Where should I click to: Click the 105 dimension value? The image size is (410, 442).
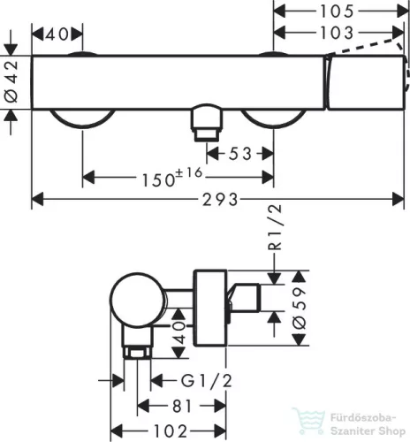click(x=337, y=11)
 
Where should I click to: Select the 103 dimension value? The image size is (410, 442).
click(x=337, y=33)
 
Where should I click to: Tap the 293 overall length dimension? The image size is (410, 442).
click(x=220, y=200)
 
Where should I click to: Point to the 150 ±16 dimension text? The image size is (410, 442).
click(x=172, y=177)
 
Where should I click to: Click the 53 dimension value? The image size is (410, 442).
click(x=240, y=154)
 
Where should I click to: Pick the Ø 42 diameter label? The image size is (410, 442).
click(x=11, y=81)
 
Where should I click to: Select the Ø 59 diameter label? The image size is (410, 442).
click(x=300, y=309)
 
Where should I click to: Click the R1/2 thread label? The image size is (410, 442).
click(x=275, y=227)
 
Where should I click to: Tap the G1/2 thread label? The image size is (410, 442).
click(x=206, y=380)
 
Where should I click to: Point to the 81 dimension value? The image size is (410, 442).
click(x=182, y=407)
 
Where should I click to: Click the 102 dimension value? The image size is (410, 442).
click(x=171, y=431)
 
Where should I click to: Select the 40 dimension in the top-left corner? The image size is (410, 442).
click(x=57, y=34)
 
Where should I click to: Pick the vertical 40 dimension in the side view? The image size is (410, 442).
click(x=179, y=333)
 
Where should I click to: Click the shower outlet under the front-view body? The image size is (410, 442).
click(x=206, y=122)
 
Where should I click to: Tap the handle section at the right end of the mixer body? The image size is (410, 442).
click(x=365, y=82)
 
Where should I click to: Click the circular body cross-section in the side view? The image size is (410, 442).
click(x=137, y=300)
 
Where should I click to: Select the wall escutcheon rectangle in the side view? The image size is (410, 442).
click(x=210, y=308)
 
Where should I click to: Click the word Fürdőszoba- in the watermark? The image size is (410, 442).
click(x=362, y=418)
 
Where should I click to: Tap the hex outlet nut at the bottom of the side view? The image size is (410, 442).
click(x=137, y=353)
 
